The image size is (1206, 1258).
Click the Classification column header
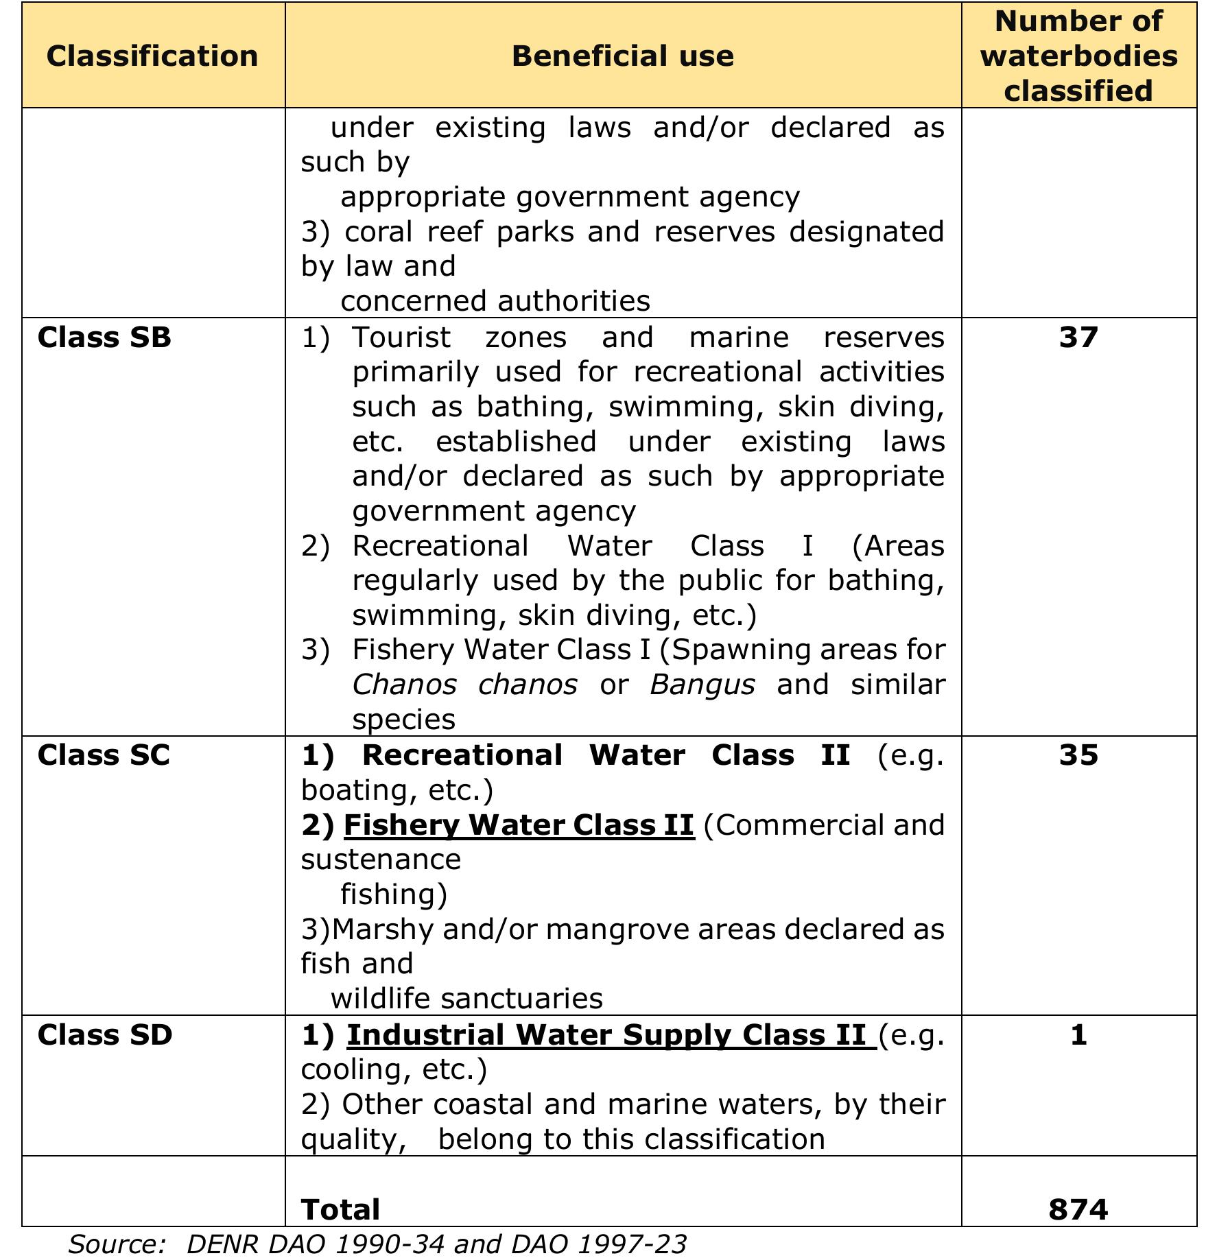coord(152,56)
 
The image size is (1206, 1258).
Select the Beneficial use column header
coord(622,56)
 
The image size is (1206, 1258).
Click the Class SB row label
coord(104,337)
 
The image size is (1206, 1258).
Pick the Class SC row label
coord(104,755)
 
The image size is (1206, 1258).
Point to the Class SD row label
coord(105,1034)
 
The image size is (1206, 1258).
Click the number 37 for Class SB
coord(1078,337)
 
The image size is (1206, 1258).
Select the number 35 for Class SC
coord(1078,755)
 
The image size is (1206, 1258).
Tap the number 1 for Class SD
coord(1078,1034)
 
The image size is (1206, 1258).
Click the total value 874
coord(1078,1209)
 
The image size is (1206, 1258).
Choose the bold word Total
coord(340,1209)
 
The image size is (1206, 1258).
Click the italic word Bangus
coord(702,685)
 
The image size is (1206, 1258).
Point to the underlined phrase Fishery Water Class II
coord(519,824)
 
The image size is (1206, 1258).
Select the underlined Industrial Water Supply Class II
coord(607,1034)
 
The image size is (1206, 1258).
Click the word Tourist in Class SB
coord(401,337)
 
